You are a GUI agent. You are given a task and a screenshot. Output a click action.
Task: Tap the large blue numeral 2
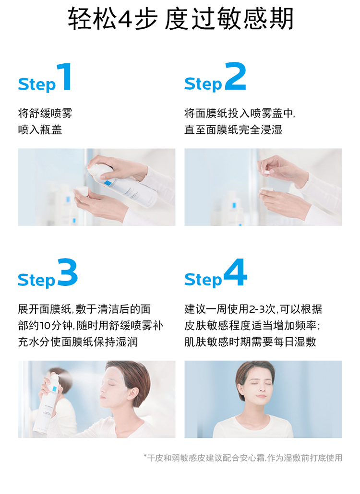(236, 76)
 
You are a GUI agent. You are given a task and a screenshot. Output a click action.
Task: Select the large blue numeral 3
(68, 272)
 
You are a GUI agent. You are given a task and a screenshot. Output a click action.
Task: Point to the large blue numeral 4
(236, 272)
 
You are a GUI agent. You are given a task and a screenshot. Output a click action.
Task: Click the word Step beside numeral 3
(36, 280)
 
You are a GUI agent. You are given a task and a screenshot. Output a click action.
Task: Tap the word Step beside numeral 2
(203, 84)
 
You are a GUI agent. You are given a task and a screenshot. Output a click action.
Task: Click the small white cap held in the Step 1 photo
(82, 192)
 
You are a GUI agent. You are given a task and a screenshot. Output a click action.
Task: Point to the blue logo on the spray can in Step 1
(109, 184)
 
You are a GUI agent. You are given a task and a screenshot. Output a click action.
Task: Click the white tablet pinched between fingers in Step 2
(266, 172)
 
